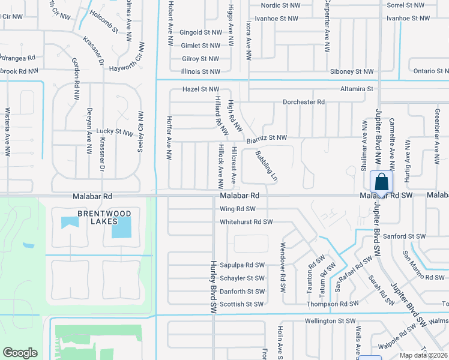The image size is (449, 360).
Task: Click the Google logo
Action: click(x=20, y=353)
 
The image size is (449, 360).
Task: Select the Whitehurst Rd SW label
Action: click(x=246, y=222)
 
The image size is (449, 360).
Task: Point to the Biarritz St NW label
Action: click(x=267, y=137)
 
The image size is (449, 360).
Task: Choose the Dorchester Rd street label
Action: click(x=304, y=102)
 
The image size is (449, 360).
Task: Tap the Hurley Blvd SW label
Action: click(x=213, y=287)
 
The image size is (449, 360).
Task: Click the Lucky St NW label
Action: click(x=114, y=131)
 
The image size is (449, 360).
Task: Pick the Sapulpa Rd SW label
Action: click(x=243, y=265)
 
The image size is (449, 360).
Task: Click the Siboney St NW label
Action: click(x=352, y=71)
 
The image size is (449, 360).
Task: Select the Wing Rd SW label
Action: click(x=238, y=209)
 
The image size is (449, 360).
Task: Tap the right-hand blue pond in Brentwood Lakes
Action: click(x=121, y=227)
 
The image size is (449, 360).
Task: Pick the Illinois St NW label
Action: click(x=201, y=71)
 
